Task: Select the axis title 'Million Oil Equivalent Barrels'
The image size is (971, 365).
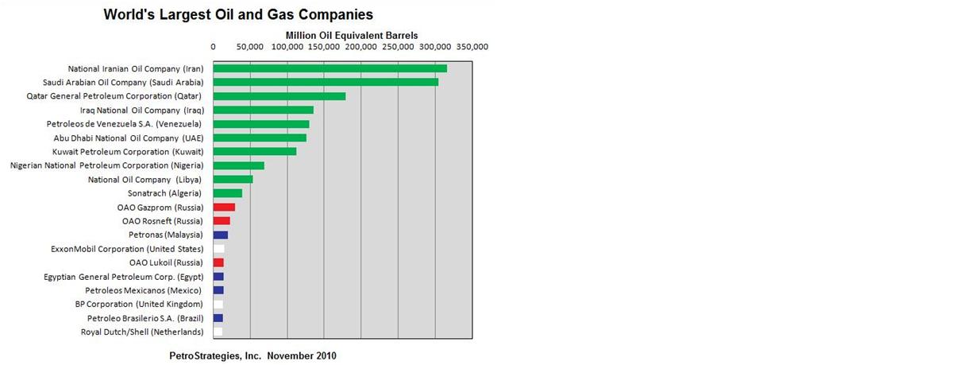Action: [351, 36]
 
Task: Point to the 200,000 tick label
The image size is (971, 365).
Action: [361, 47]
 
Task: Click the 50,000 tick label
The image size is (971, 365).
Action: [250, 47]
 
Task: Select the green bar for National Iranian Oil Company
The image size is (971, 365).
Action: [329, 68]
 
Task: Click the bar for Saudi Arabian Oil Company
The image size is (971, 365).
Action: [326, 82]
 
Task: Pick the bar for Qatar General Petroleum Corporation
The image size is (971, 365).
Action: [279, 96]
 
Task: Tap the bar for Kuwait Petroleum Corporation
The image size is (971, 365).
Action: [254, 151]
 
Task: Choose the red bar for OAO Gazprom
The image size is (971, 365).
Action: [224, 207]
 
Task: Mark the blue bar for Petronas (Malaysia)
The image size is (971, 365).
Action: [220, 235]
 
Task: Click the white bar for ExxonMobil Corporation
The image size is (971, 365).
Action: [218, 249]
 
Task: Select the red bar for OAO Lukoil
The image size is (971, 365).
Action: [218, 262]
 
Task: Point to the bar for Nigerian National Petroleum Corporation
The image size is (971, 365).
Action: [238, 165]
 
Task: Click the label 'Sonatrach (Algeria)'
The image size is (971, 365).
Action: [165, 193]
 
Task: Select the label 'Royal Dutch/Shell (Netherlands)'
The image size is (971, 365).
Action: [142, 332]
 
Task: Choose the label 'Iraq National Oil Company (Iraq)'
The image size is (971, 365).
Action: [141, 110]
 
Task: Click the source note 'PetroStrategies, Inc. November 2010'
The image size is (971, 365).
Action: [252, 355]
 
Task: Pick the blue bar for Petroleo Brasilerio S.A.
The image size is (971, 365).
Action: [218, 318]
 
